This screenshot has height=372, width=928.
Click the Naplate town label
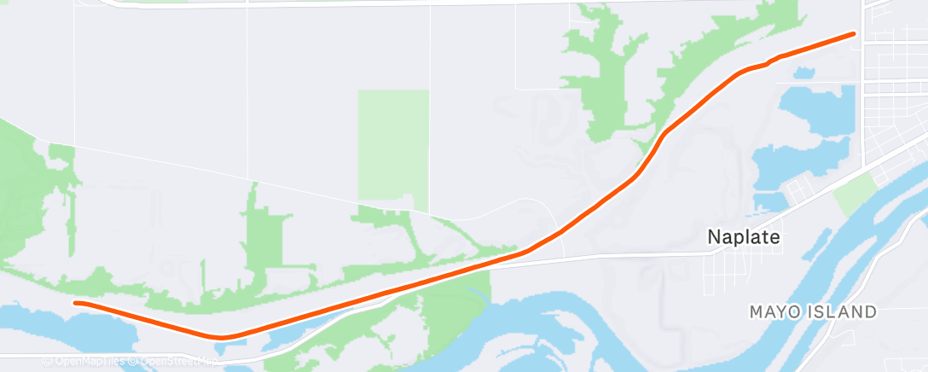[x=745, y=238]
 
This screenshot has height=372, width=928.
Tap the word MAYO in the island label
[x=774, y=312]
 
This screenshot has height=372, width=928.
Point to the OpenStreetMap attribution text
[x=176, y=362]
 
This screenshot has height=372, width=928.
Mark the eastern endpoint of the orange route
[x=853, y=34]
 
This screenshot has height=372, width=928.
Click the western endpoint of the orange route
[x=76, y=303]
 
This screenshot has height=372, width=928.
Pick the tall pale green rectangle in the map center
[x=392, y=145]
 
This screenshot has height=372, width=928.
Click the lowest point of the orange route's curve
[x=221, y=337]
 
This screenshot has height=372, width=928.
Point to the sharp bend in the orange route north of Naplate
[x=664, y=135]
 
